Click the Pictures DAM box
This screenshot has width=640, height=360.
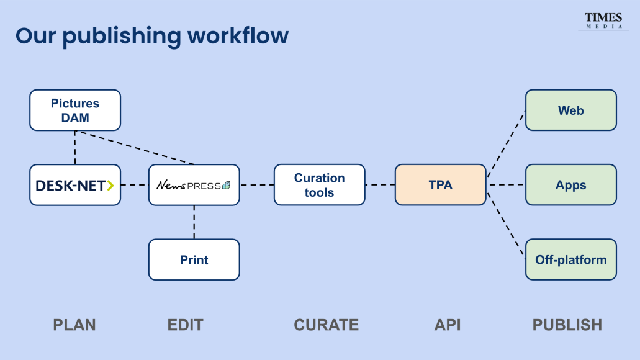pyautogui.click(x=75, y=110)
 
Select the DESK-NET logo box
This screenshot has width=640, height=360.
pyautogui.click(x=75, y=185)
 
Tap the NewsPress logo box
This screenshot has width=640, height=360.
pyautogui.click(x=194, y=185)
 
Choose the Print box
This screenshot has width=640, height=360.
pyautogui.click(x=194, y=259)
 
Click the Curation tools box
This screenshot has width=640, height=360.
pyautogui.click(x=319, y=185)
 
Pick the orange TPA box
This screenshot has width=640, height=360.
pyautogui.click(x=440, y=185)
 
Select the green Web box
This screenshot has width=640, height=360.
pyautogui.click(x=570, y=110)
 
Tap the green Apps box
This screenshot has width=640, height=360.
pyautogui.click(x=570, y=185)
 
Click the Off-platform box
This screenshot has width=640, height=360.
pyautogui.click(x=570, y=259)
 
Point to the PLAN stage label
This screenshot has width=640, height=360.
pyautogui.click(x=74, y=325)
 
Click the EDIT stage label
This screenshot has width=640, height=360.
pyautogui.click(x=185, y=325)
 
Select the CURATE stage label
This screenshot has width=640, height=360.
pyautogui.click(x=326, y=325)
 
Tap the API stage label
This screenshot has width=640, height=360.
pyautogui.click(x=447, y=325)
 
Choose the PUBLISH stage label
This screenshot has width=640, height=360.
pyautogui.click(x=567, y=325)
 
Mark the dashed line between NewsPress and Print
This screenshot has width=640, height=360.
pyautogui.click(x=194, y=222)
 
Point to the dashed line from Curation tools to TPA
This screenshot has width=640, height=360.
pyautogui.click(x=380, y=185)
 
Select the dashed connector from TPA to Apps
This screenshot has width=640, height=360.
pyautogui.click(x=505, y=185)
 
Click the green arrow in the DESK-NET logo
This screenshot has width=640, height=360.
pyautogui.click(x=110, y=185)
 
